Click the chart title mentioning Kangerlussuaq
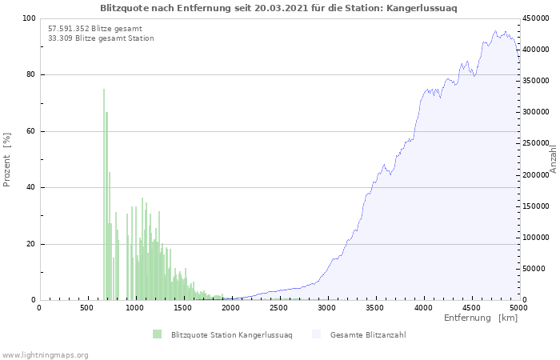tap(279, 7)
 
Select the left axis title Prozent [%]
tap(7, 160)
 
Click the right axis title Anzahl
tap(553, 158)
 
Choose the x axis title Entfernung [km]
tap(481, 318)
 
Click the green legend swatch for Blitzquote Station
tap(157, 334)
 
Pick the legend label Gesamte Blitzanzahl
tap(367, 334)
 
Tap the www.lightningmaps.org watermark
tap(45, 354)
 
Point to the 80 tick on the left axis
tap(30, 75)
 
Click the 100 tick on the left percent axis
tap(28, 18)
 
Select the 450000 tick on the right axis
tap(535, 18)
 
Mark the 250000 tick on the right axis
tap(535, 144)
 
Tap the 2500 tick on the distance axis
tap(278, 307)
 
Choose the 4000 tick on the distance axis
tap(422, 307)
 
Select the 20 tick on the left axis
tap(30, 244)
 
